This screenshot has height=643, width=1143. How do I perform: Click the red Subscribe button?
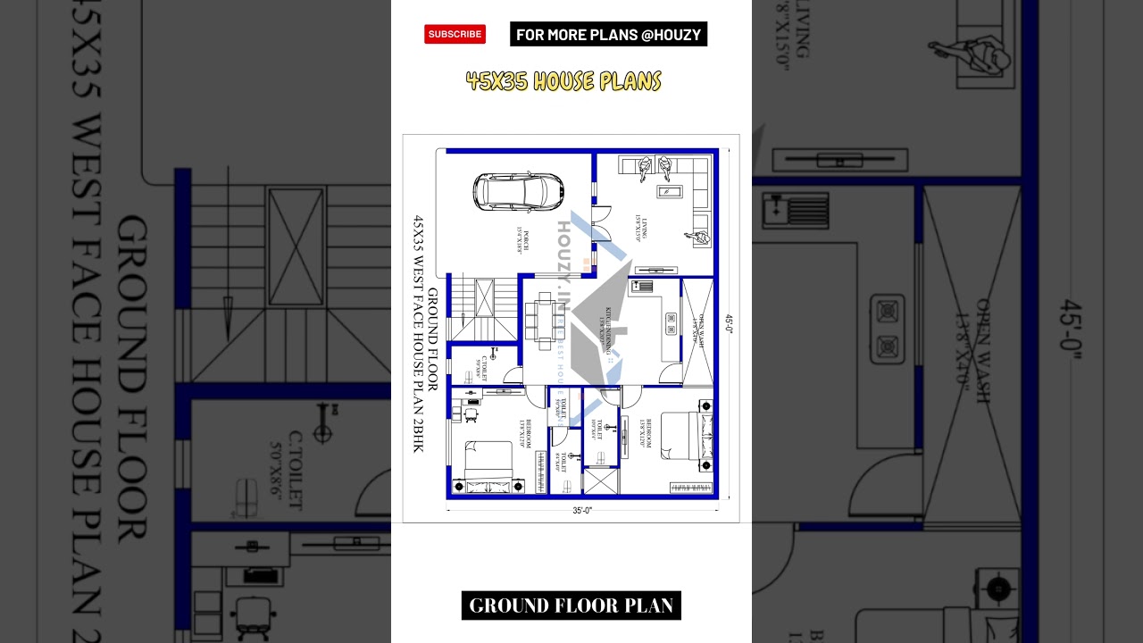[x=455, y=34]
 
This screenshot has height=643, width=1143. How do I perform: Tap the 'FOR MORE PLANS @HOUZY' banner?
[x=608, y=35]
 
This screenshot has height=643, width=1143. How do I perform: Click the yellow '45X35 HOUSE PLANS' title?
[x=563, y=82]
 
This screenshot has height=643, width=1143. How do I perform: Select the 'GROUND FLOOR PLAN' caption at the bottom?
[x=571, y=605]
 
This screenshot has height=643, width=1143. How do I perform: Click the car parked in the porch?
[x=520, y=190]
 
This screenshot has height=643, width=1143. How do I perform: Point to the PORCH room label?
[x=521, y=242]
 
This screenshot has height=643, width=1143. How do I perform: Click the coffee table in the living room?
[x=670, y=190]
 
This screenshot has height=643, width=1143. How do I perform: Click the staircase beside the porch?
[x=483, y=309]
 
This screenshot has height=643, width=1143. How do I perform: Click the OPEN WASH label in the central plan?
[x=700, y=330]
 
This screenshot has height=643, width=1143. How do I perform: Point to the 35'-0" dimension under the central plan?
[x=582, y=511]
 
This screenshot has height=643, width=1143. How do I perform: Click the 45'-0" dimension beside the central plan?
[x=729, y=323]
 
